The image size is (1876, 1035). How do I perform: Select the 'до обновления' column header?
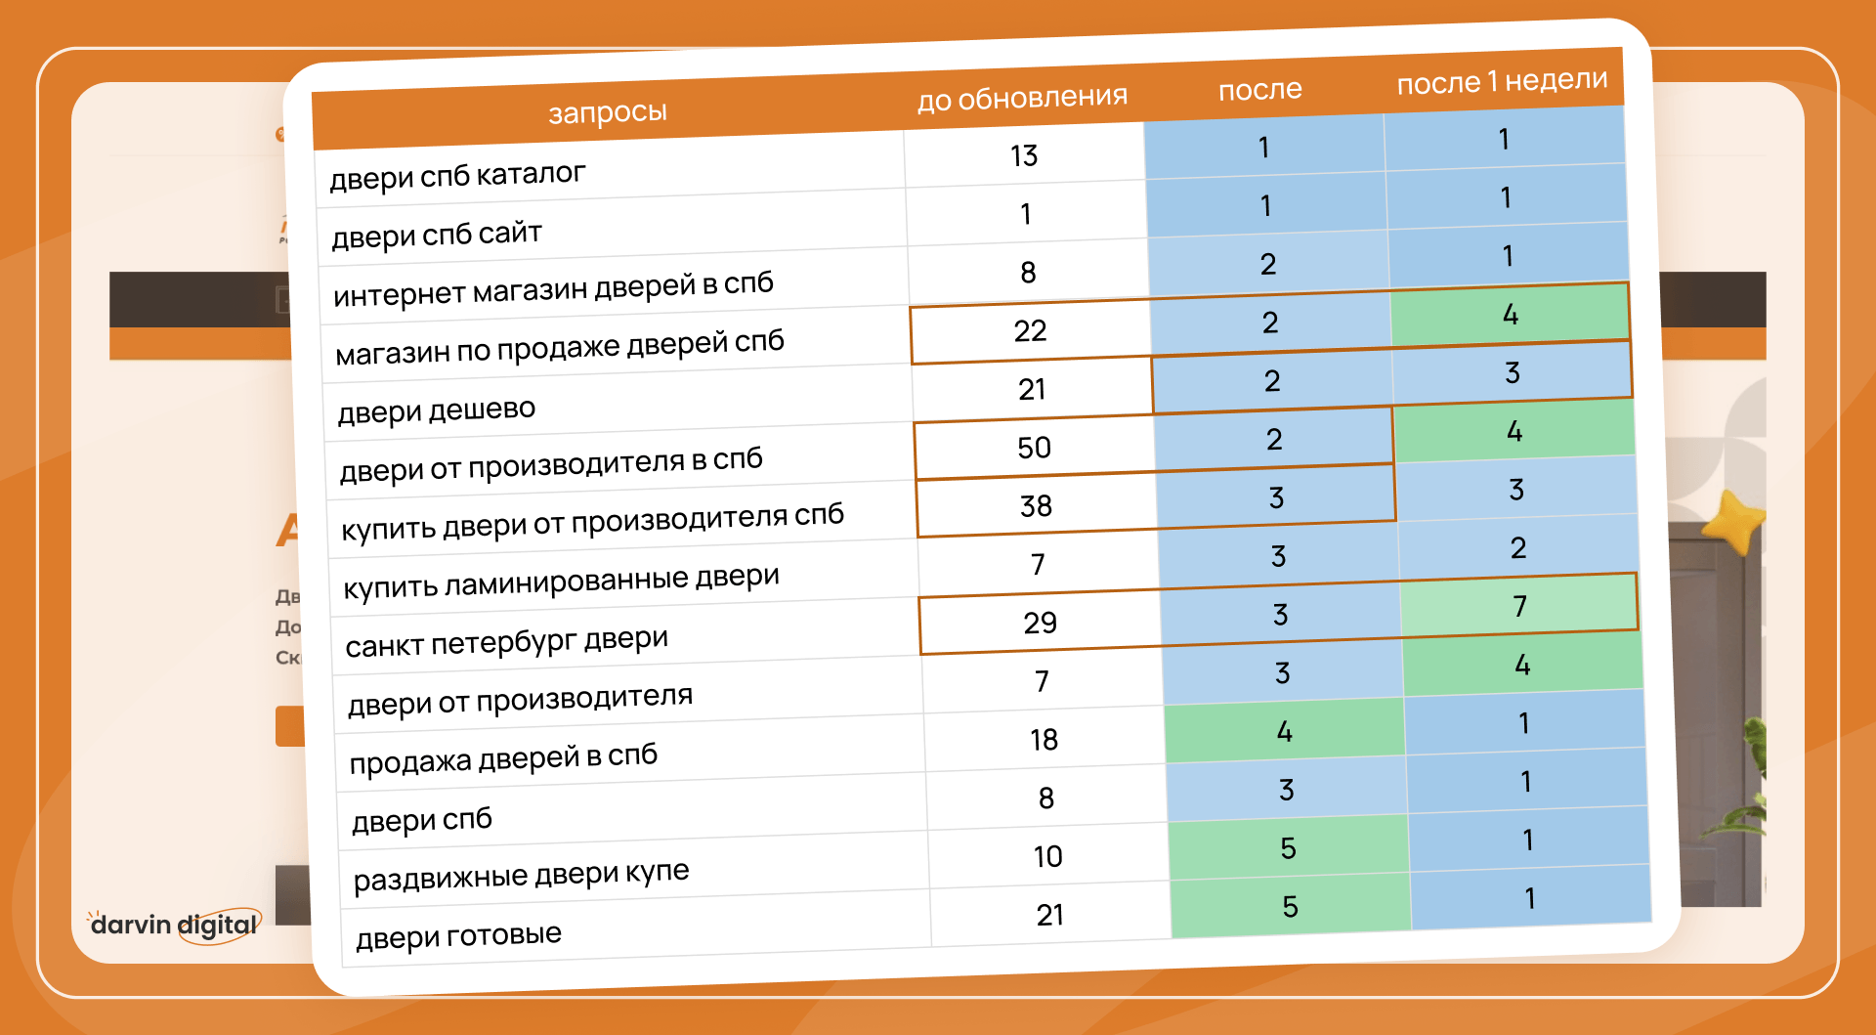click(x=1022, y=98)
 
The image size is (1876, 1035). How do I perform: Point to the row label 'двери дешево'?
click(x=436, y=410)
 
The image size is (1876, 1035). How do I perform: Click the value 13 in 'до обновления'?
click(x=1024, y=155)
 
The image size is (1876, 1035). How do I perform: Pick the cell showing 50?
click(x=1034, y=448)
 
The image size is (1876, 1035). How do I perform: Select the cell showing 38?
click(x=1036, y=505)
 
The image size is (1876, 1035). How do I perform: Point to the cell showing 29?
click(x=1040, y=623)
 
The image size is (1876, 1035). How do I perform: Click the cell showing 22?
click(x=1030, y=331)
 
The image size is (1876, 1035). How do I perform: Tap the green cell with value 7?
click(x=1519, y=607)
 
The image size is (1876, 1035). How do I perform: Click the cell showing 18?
click(x=1044, y=740)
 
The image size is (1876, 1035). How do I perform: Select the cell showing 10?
click(x=1047, y=857)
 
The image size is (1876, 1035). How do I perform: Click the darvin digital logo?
click(x=175, y=925)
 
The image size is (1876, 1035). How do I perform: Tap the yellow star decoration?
click(x=1735, y=522)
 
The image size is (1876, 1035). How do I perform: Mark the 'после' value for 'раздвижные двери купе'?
click(x=1288, y=848)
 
